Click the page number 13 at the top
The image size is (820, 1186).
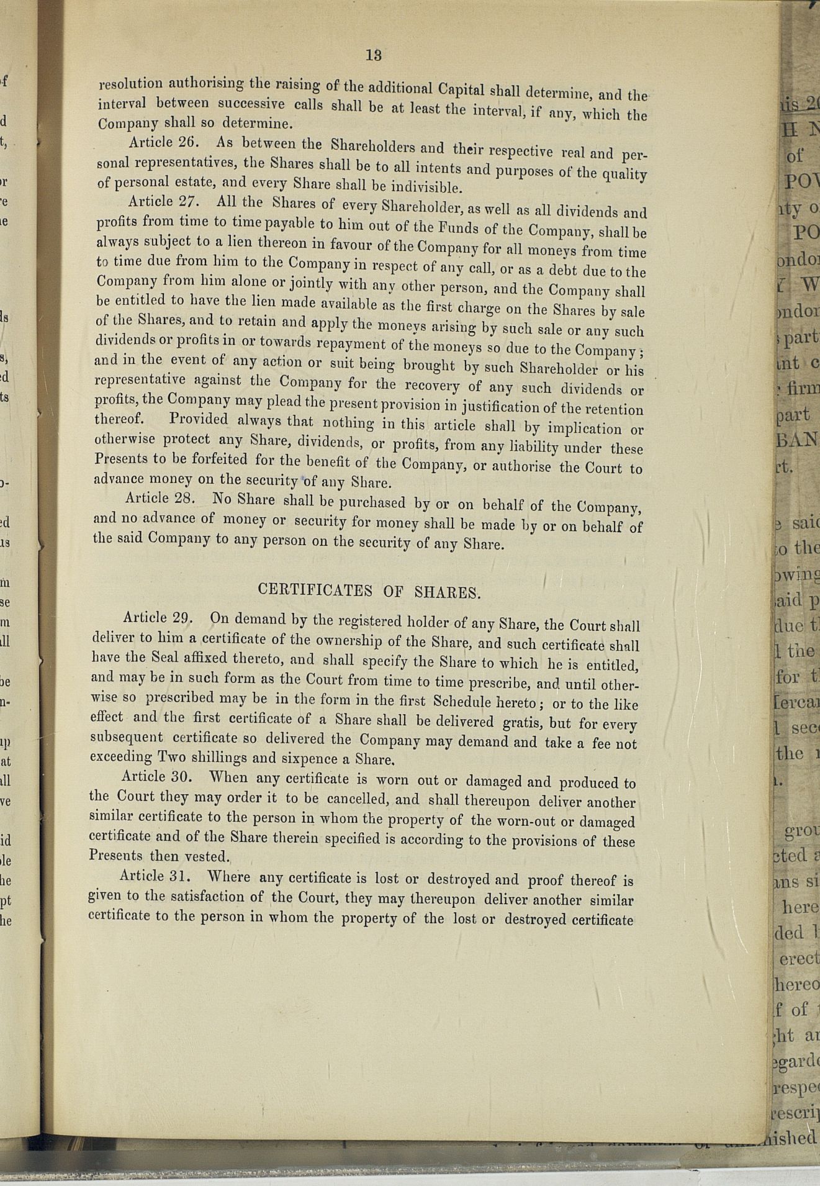pyautogui.click(x=373, y=55)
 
